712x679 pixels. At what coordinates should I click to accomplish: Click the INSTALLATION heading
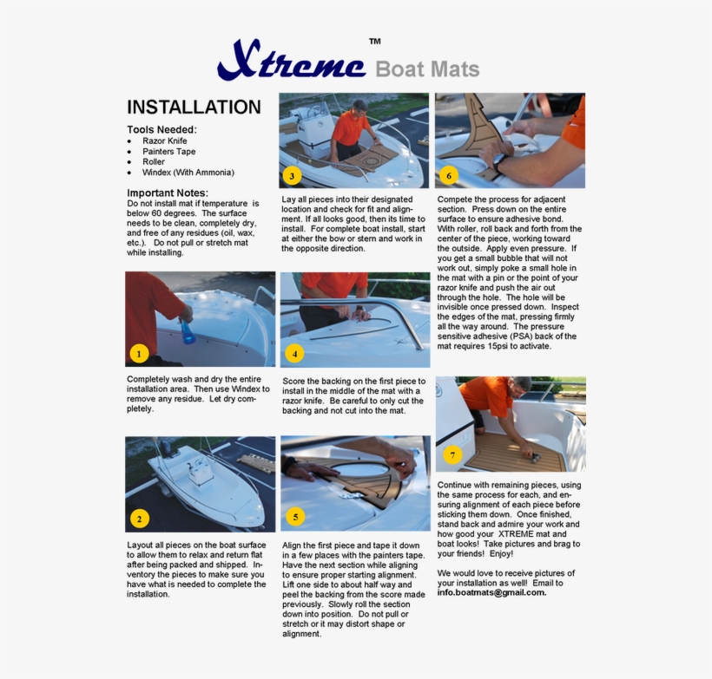click(x=194, y=108)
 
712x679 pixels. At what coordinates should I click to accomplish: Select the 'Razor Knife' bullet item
click(x=164, y=140)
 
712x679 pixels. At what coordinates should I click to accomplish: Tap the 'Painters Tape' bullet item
click(x=168, y=151)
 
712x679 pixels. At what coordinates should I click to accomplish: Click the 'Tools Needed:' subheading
click(x=162, y=129)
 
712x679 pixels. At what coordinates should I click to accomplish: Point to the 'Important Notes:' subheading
click(x=168, y=193)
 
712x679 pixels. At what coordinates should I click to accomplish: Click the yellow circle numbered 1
click(x=138, y=353)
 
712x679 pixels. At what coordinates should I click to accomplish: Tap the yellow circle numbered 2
click(x=138, y=519)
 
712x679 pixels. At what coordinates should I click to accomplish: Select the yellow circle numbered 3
click(x=292, y=176)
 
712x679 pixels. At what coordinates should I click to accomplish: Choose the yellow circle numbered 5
click(x=294, y=518)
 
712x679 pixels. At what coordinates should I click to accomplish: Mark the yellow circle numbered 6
click(x=448, y=175)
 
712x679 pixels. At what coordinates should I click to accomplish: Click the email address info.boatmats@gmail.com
click(x=491, y=593)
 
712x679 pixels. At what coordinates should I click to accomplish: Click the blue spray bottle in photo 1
click(x=186, y=331)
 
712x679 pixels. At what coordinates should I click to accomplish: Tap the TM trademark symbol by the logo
click(x=374, y=42)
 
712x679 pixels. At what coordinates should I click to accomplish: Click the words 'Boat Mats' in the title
click(x=426, y=69)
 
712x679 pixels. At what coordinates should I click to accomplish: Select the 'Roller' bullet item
click(x=154, y=162)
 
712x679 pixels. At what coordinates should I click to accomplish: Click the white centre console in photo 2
click(x=201, y=473)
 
